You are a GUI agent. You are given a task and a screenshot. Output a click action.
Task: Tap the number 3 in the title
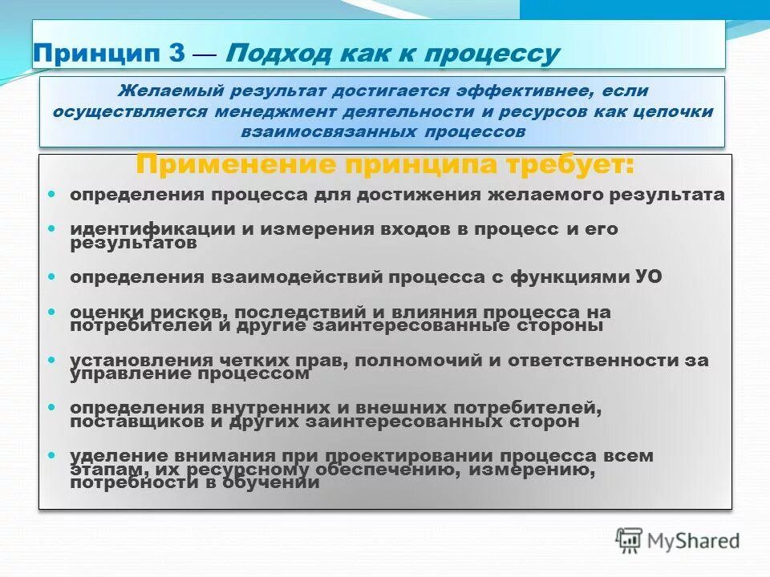pos(178,54)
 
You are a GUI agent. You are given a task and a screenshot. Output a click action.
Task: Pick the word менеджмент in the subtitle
pos(270,111)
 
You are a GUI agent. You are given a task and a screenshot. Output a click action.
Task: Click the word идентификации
pos(152,228)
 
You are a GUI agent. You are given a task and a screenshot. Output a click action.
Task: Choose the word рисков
pos(172,312)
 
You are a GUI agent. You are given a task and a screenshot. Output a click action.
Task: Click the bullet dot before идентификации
pos(52,228)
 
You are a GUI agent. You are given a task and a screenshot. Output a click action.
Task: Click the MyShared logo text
pos(694,541)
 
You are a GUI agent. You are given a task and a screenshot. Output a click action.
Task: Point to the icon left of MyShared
pos(630,540)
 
